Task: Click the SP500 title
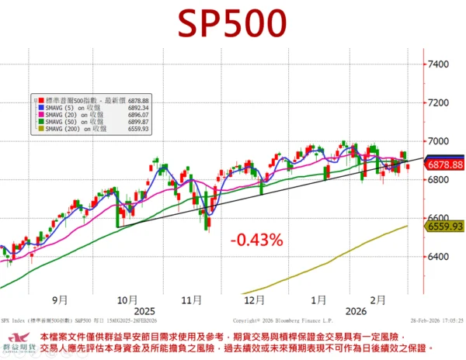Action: pos(232,24)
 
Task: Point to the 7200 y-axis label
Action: pos(439,102)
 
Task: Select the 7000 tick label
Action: pos(439,141)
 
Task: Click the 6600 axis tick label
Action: pos(439,219)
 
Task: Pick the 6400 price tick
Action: pos(439,257)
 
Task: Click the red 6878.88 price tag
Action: pos(445,164)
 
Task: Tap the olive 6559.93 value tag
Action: pos(445,226)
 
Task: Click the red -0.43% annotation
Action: pos(256,241)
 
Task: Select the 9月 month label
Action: pos(61,298)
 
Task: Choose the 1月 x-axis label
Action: pos(318,298)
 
